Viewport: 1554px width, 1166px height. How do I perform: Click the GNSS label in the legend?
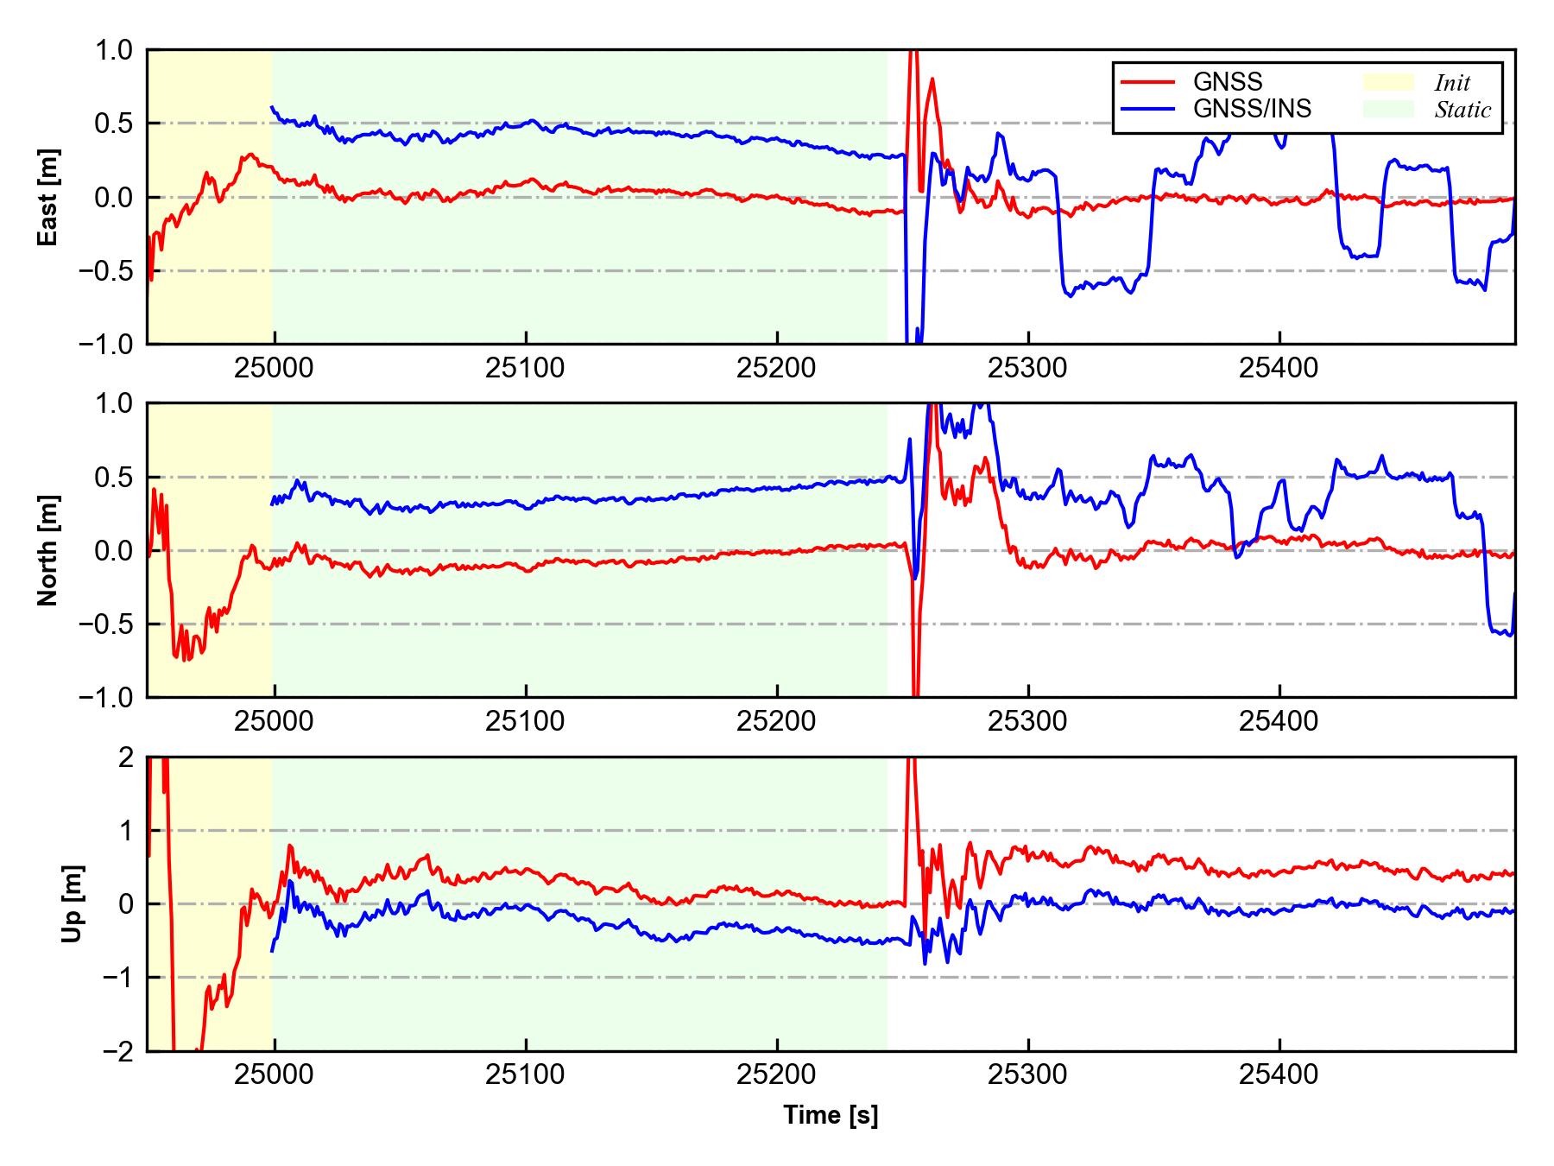(1228, 82)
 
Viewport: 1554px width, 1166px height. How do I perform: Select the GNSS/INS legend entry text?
(1252, 109)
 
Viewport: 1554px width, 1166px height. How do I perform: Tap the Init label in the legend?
(1452, 83)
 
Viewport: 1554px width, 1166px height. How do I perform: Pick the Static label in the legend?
(1462, 110)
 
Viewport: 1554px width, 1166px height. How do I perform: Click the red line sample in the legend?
(1147, 82)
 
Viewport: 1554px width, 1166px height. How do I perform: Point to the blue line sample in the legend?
(1147, 109)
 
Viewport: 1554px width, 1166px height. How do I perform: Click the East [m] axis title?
(48, 197)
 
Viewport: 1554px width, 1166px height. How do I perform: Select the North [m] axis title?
(48, 550)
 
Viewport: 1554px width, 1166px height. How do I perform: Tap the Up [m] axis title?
(73, 903)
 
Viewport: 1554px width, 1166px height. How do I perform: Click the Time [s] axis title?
(831, 1115)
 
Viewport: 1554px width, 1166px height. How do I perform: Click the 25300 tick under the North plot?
(1027, 721)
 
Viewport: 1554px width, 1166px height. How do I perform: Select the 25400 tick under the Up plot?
(1279, 1075)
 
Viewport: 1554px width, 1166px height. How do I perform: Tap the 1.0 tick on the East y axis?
(115, 50)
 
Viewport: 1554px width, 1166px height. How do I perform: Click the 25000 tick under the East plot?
(274, 369)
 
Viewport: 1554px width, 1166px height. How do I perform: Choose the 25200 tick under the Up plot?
(776, 1075)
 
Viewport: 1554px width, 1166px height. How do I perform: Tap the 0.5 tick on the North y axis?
(115, 477)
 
